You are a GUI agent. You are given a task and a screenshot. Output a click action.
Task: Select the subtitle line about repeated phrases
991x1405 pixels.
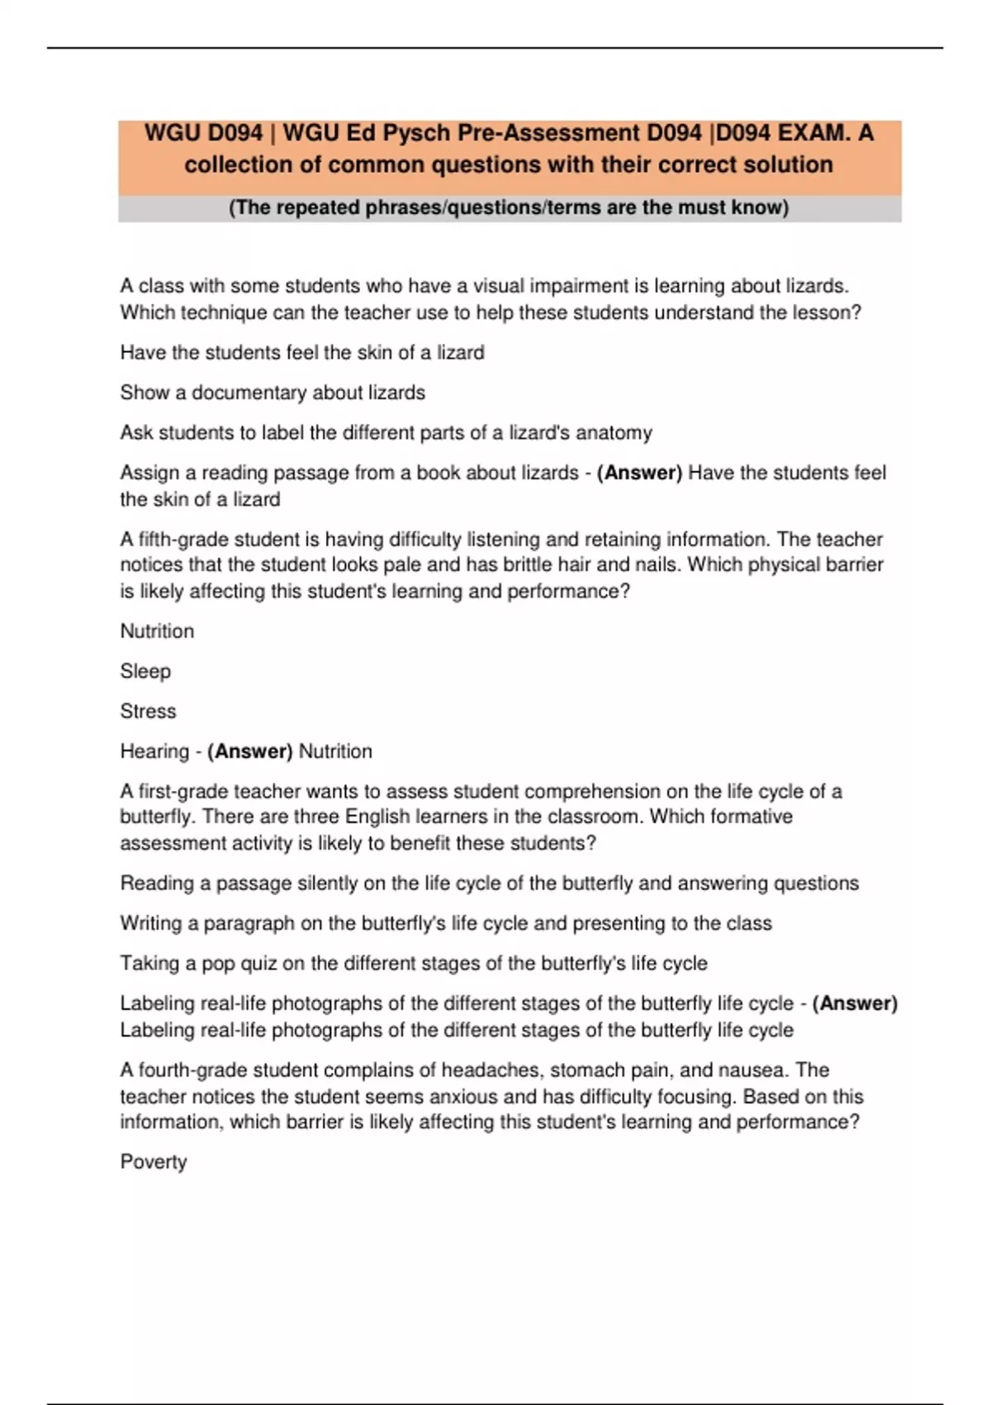click(x=509, y=207)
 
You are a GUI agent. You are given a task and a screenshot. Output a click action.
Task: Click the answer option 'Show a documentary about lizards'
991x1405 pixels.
click(x=273, y=393)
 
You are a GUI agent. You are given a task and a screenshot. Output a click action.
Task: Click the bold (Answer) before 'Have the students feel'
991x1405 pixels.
click(x=639, y=473)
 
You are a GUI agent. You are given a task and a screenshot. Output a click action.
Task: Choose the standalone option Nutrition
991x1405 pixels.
click(x=157, y=631)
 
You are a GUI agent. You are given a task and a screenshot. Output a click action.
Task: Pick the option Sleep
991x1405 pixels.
click(x=145, y=671)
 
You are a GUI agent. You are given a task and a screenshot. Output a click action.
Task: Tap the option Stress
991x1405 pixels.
click(x=148, y=711)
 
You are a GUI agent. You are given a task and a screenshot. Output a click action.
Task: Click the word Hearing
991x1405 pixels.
click(x=154, y=751)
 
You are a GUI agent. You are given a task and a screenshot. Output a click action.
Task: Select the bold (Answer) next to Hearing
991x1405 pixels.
click(x=250, y=751)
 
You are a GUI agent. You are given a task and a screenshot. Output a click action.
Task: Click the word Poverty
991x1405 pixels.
click(x=154, y=1162)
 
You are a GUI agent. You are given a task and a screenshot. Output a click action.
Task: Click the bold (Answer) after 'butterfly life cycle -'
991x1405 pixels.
click(x=855, y=1003)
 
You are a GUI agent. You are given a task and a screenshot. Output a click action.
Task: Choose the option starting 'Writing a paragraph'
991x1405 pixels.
click(x=446, y=923)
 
